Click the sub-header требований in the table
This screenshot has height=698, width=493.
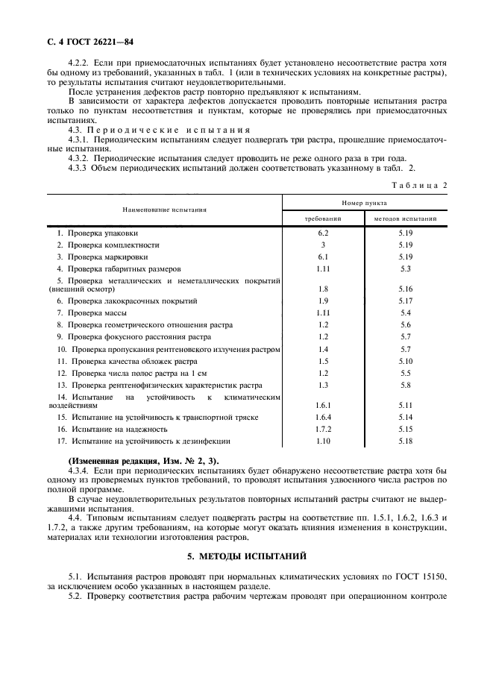click(323, 219)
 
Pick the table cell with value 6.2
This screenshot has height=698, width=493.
click(323, 233)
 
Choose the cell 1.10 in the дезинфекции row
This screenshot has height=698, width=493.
click(323, 441)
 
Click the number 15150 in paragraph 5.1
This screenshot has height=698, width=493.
click(433, 576)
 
